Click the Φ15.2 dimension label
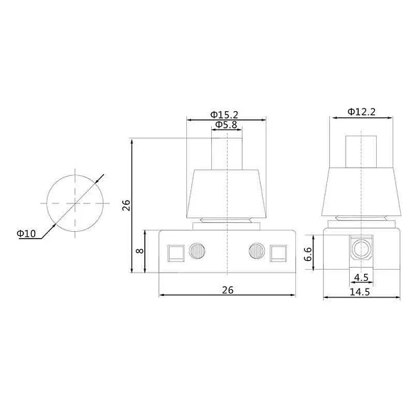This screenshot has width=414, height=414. (224, 115)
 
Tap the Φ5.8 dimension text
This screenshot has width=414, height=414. (226, 125)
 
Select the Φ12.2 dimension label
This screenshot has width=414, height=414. (361, 112)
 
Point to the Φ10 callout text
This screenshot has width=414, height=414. (26, 233)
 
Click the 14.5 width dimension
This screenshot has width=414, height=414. (359, 292)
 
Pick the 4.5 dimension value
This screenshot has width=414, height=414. (361, 277)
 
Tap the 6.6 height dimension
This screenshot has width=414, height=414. (308, 254)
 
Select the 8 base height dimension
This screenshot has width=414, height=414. (139, 251)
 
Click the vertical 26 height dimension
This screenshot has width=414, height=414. (126, 205)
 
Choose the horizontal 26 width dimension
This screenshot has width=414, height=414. (228, 290)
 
